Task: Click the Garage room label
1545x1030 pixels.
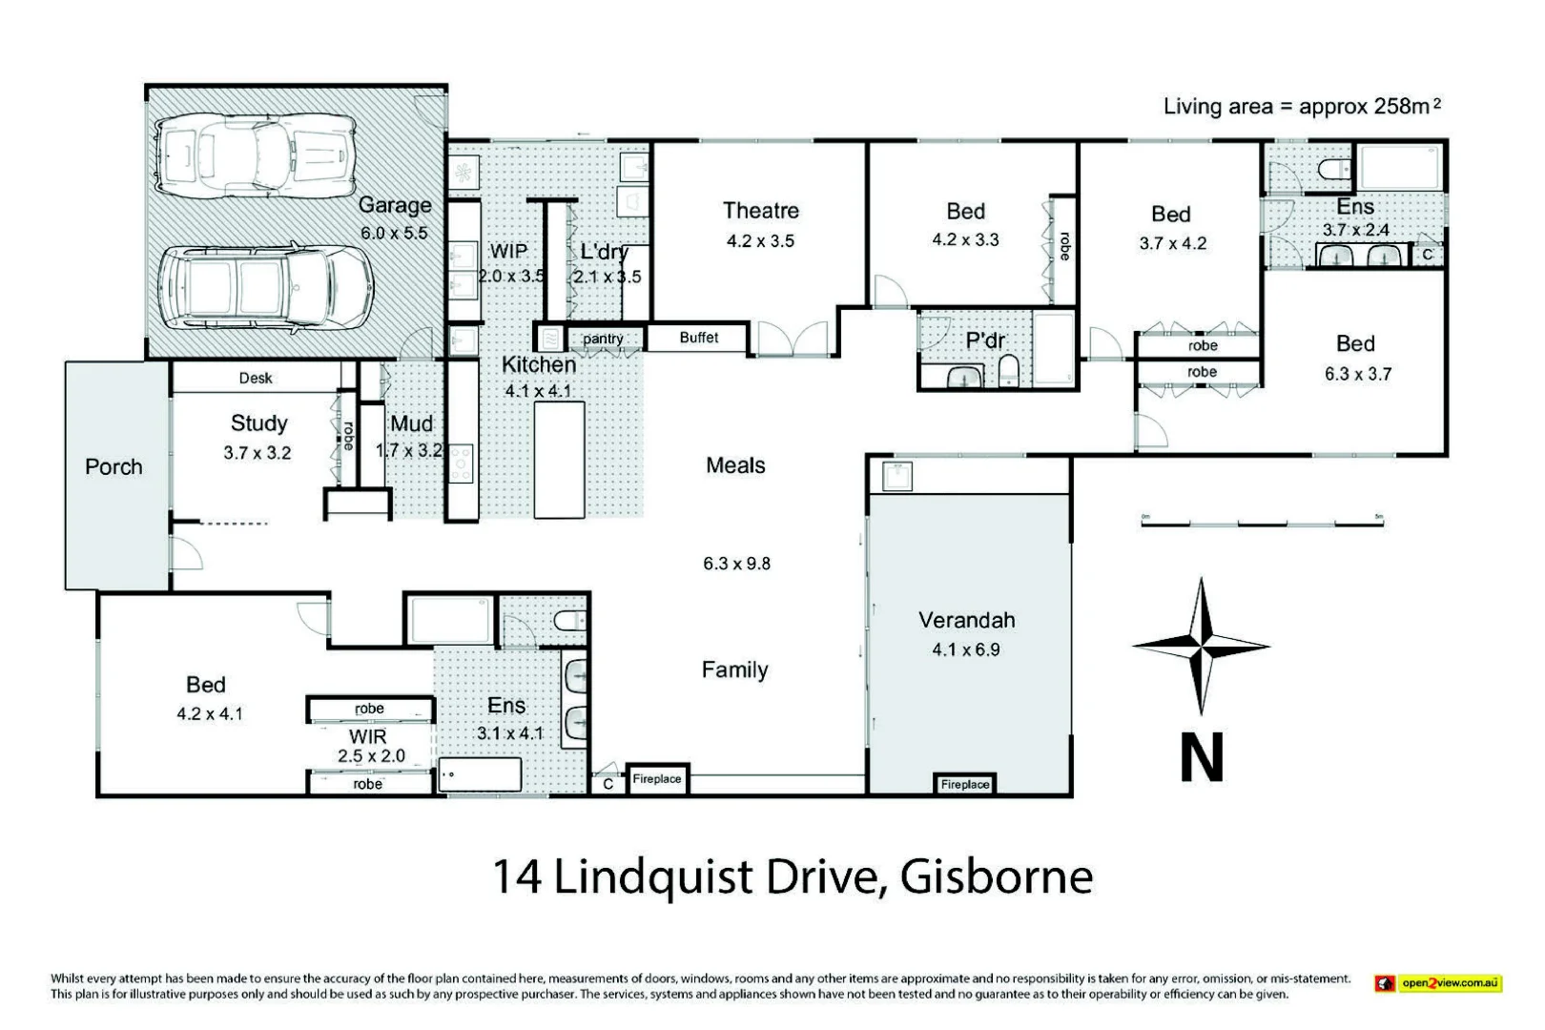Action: (395, 205)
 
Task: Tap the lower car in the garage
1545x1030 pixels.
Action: (264, 288)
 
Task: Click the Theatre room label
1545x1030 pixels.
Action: (760, 211)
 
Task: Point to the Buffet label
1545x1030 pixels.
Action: (698, 338)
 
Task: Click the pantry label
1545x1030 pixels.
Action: (603, 339)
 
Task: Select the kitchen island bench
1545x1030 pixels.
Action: (559, 460)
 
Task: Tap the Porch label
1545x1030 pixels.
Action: (113, 467)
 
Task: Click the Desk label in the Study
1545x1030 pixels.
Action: (256, 379)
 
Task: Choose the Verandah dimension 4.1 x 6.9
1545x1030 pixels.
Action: (966, 649)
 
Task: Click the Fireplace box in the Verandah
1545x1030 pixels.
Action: (964, 784)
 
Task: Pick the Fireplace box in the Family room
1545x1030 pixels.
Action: (657, 779)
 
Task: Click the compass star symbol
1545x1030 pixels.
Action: (1202, 646)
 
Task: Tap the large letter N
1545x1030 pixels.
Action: (1202, 757)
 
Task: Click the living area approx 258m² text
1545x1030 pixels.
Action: (1302, 106)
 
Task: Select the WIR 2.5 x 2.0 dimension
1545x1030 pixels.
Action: (371, 755)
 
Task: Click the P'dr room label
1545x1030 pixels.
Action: (985, 340)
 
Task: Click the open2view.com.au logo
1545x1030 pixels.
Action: (1438, 983)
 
